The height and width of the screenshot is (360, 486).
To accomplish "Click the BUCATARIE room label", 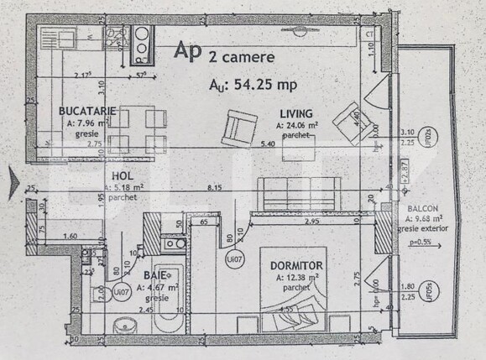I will (x=81, y=111).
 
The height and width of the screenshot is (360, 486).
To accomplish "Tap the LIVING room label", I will (x=296, y=114).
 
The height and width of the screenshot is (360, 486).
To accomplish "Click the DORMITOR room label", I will (x=298, y=266).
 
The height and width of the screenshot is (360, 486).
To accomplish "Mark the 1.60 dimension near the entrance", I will (x=70, y=237).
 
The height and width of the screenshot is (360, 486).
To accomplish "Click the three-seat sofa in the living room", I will (x=299, y=194).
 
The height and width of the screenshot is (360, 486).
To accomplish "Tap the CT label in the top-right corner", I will (x=369, y=34).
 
